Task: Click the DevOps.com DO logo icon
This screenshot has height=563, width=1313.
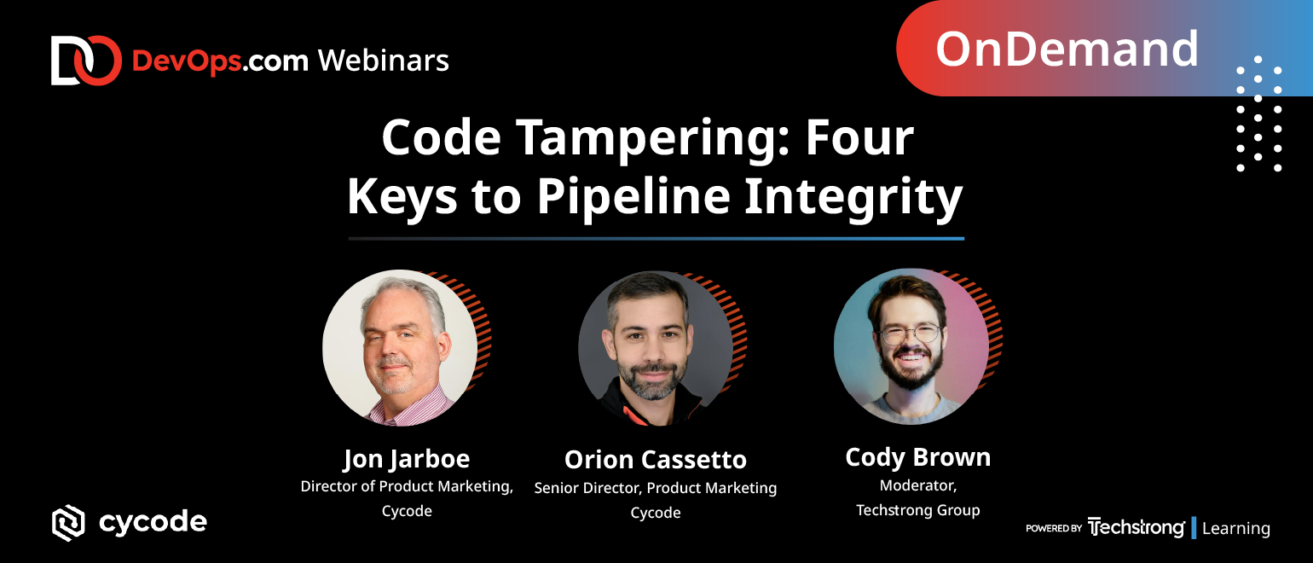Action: (x=86, y=61)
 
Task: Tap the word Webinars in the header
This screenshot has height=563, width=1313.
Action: (x=384, y=61)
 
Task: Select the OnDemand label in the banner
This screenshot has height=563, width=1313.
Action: (x=1067, y=49)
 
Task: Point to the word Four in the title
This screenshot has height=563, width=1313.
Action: (x=859, y=137)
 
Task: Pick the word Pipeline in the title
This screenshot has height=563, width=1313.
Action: (x=633, y=196)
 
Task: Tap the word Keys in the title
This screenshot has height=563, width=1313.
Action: (x=402, y=196)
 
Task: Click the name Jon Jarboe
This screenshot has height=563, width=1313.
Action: (x=407, y=459)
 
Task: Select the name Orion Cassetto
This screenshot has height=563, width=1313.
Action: (x=656, y=460)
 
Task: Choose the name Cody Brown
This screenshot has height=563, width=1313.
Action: (x=918, y=457)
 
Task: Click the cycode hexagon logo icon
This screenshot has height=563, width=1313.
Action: (x=68, y=523)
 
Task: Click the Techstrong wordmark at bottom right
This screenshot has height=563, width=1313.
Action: (x=1137, y=527)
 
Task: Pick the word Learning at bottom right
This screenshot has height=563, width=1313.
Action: (x=1236, y=528)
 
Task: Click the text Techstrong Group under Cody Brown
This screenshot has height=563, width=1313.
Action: (x=918, y=510)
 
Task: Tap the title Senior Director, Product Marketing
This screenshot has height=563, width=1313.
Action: (x=656, y=488)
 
